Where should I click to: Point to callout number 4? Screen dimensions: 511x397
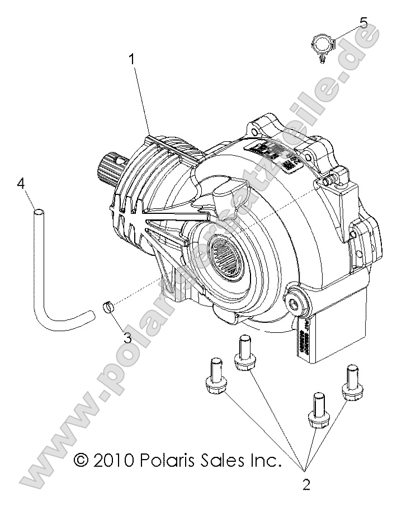[21, 183]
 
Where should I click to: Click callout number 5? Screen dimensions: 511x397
[363, 23]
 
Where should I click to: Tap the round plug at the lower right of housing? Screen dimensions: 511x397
[295, 303]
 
